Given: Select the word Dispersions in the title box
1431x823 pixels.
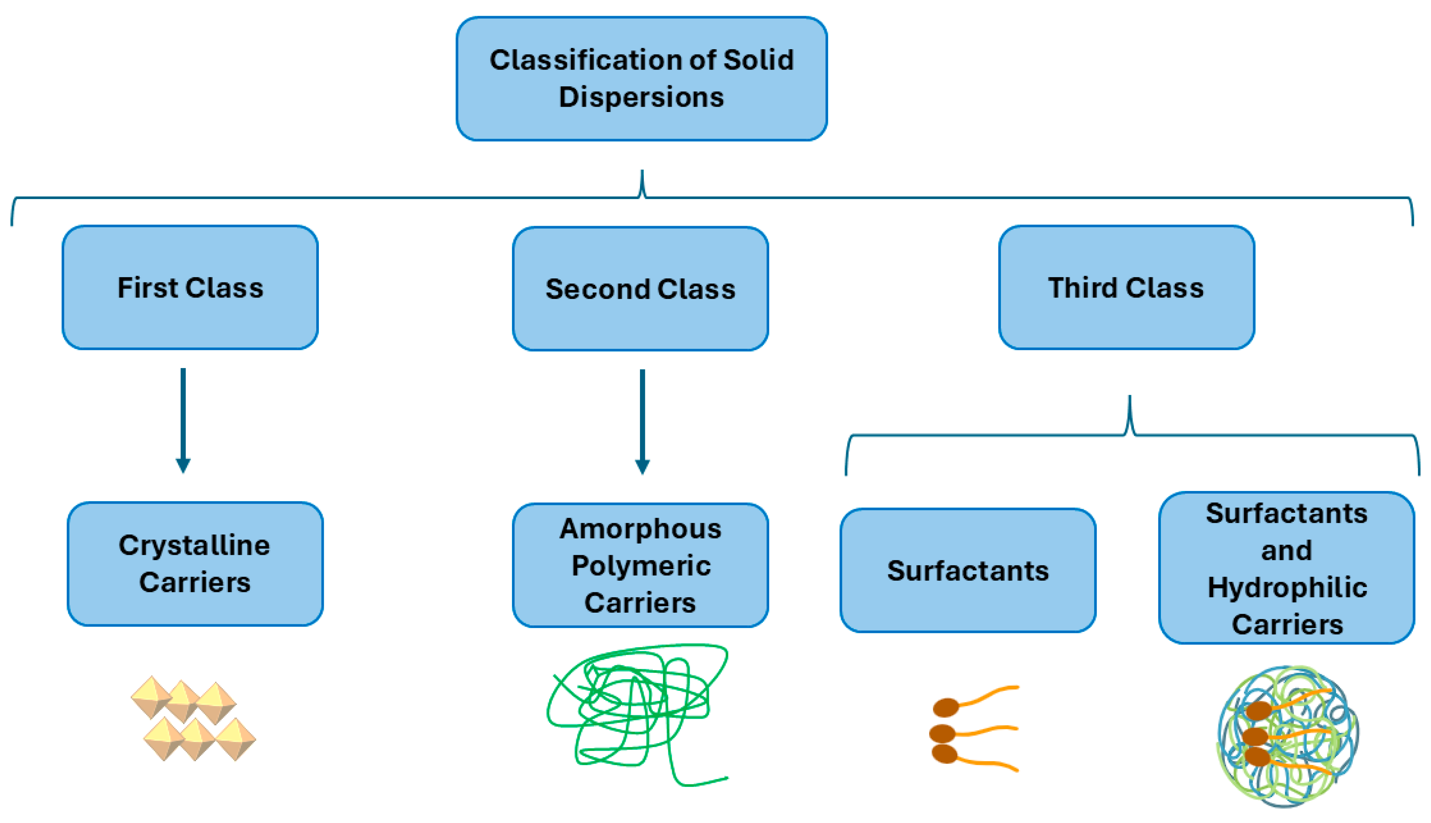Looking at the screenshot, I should coord(642,97).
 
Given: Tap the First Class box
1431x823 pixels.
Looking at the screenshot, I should coord(190,288).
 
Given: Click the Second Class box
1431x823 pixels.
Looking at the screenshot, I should coord(640,289).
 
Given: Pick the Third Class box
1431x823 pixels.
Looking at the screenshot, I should coord(1126,288).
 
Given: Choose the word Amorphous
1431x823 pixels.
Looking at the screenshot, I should coord(640,529).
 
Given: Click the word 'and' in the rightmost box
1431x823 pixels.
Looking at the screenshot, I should coord(1286,551).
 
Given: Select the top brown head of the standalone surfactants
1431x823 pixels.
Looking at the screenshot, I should coord(945,707).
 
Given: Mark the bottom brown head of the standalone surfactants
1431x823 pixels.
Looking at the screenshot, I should coord(944,754).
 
